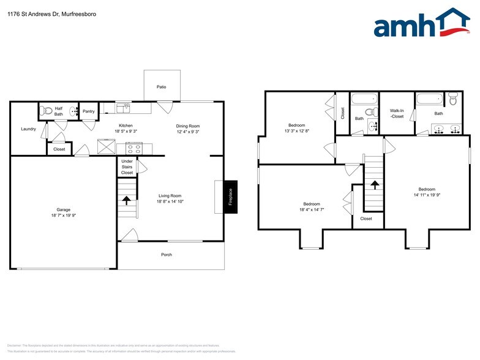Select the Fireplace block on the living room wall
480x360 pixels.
[231, 197]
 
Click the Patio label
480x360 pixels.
[162, 87]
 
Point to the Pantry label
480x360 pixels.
[89, 111]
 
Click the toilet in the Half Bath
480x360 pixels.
[44, 111]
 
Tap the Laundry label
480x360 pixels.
[28, 129]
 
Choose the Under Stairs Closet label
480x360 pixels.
[127, 167]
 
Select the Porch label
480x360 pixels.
[166, 255]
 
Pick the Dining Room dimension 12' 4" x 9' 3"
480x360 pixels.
[188, 132]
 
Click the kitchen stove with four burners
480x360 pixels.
[133, 148]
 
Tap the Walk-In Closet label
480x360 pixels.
[397, 114]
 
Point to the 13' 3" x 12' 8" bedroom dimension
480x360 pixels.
[296, 130]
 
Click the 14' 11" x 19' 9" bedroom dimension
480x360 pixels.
[427, 195]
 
